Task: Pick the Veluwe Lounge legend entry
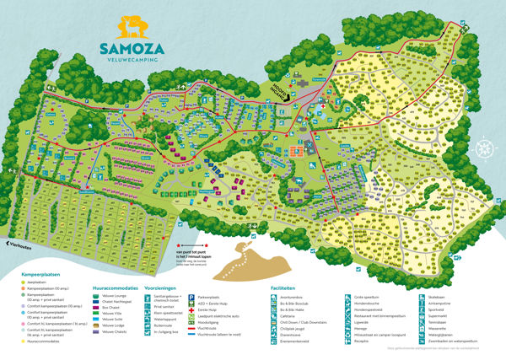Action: pyautogui.click(x=114, y=296)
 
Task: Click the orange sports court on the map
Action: pyautogui.click(x=295, y=152)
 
